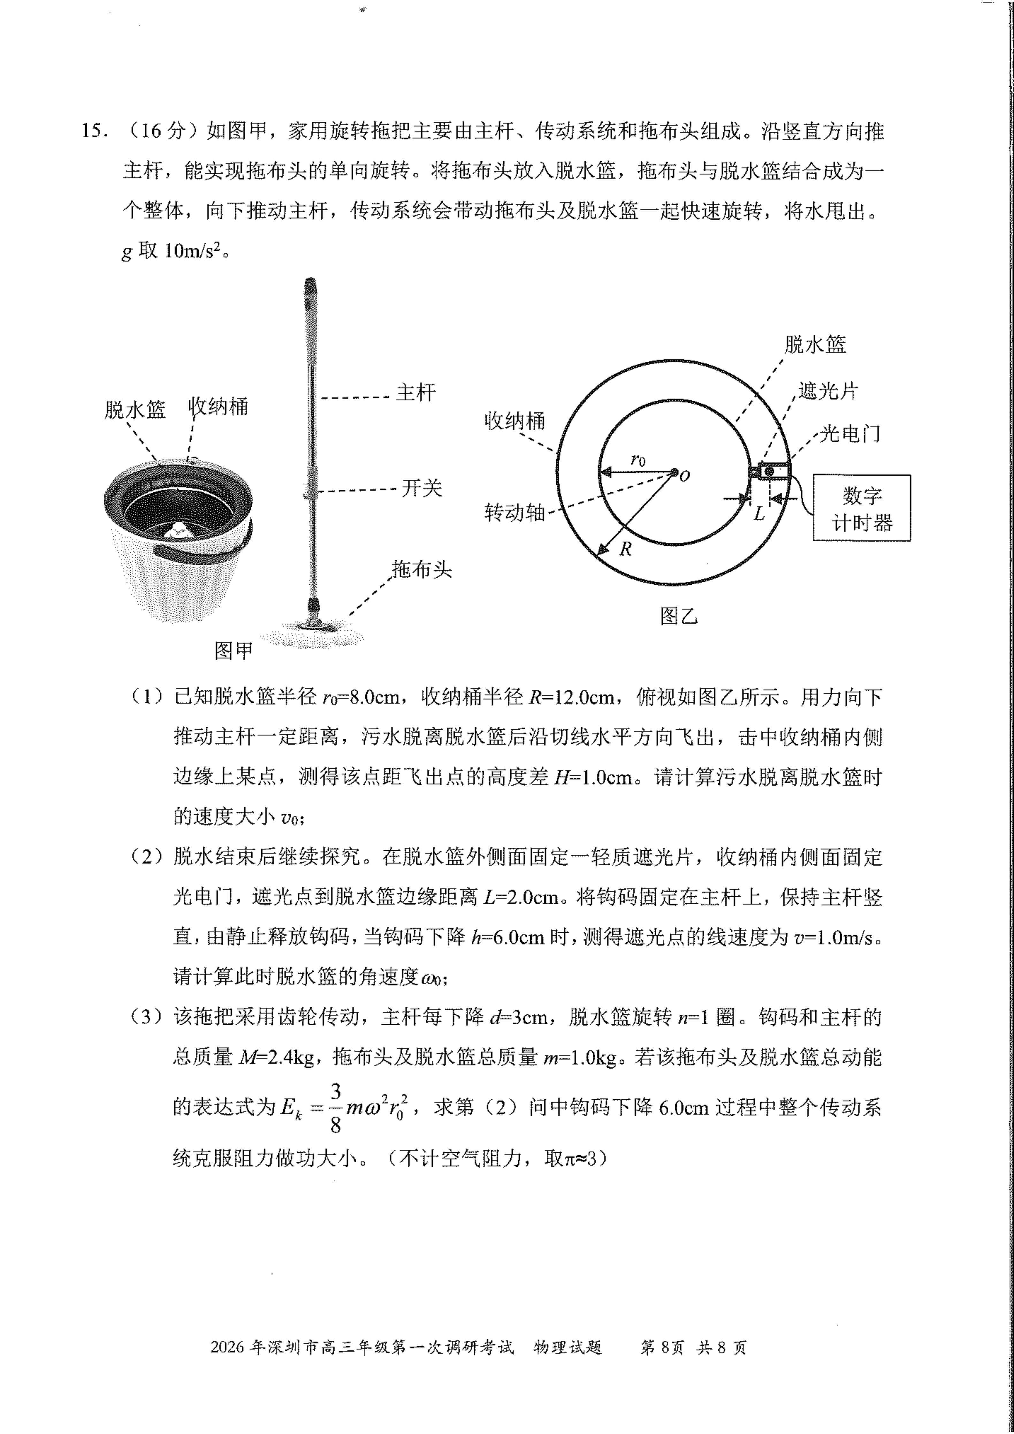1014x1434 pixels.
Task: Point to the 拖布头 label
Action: (421, 569)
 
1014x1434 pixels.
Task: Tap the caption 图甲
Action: (234, 651)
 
